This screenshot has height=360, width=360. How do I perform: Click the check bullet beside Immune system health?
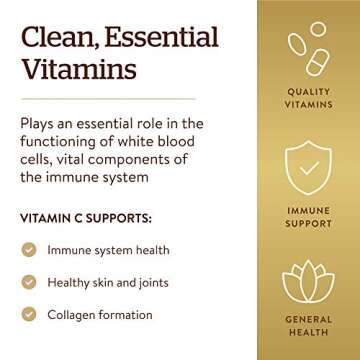click(30, 250)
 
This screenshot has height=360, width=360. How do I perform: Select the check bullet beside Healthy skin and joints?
click(30, 283)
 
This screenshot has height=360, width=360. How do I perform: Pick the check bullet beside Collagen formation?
click(30, 316)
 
